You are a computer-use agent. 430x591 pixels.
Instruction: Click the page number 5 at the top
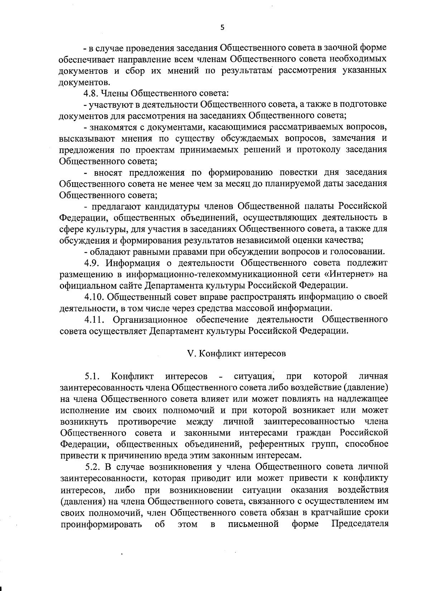click(x=222, y=28)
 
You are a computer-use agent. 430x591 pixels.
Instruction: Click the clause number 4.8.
click(x=92, y=94)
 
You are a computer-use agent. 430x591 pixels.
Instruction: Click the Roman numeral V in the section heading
click(x=191, y=354)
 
